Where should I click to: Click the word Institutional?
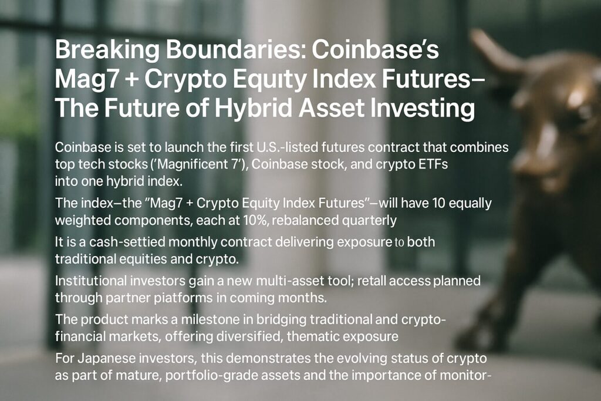pyautogui.click(x=90, y=281)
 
